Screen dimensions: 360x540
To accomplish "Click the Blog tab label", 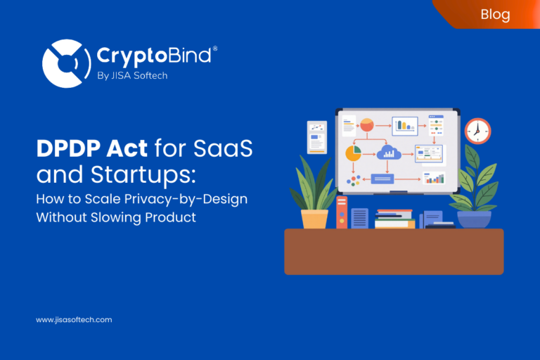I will click(x=496, y=14).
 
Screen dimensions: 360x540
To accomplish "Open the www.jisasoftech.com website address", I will click(x=74, y=320).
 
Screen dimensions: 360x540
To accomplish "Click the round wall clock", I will click(x=477, y=131).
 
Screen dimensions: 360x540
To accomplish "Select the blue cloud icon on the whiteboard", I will click(x=387, y=153).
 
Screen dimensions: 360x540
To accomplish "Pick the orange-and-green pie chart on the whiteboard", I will click(x=353, y=153).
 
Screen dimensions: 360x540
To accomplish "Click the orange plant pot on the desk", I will click(x=314, y=218).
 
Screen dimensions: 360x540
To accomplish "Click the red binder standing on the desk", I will click(x=342, y=212).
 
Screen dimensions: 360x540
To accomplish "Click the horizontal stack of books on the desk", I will click(x=394, y=219).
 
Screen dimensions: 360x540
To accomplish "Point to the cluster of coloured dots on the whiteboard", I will click(x=353, y=180).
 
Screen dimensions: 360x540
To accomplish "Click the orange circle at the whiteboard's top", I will click(x=366, y=125).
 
